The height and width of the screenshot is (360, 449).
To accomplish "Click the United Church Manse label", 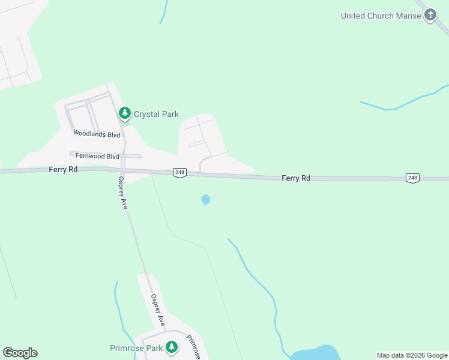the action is [381, 16].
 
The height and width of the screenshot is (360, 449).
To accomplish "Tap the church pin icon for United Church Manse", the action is [430, 15].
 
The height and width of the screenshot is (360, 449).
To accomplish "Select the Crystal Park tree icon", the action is [125, 113].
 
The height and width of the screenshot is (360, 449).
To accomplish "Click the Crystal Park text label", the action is [156, 114].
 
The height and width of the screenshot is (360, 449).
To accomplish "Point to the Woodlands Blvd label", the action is [97, 134].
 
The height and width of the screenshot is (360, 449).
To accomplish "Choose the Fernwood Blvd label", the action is [97, 156].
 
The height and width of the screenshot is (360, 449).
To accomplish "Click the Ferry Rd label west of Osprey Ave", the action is [64, 170].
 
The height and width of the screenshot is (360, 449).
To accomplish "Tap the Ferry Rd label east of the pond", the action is [297, 178].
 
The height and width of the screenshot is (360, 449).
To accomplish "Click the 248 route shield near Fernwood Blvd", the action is [179, 173].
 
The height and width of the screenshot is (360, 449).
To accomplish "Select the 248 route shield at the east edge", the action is [412, 178].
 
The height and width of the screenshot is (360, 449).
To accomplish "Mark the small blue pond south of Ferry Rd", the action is [206, 199].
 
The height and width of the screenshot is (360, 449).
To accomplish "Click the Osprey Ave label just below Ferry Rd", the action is [123, 192].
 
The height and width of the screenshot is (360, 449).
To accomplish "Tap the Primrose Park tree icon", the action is [172, 347].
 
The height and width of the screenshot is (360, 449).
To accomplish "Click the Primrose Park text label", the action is [136, 348].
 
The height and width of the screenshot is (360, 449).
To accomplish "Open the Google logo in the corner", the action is [20, 353].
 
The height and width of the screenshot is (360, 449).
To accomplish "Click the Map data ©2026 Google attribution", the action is [412, 355].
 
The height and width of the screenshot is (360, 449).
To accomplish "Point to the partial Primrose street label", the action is [193, 347].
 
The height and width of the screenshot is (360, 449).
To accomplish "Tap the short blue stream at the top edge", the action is [164, 12].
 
